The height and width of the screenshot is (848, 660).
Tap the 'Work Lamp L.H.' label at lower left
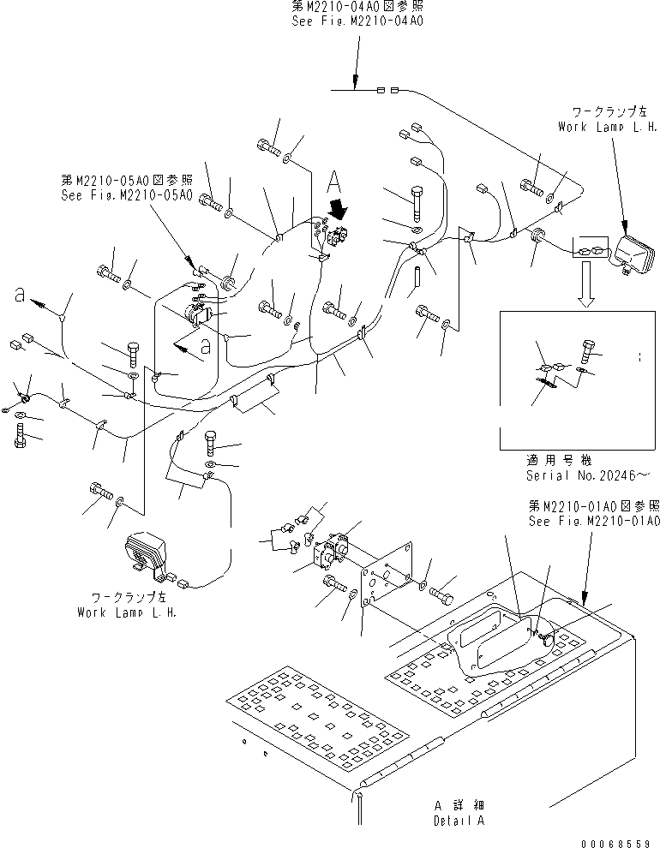[128, 612]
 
